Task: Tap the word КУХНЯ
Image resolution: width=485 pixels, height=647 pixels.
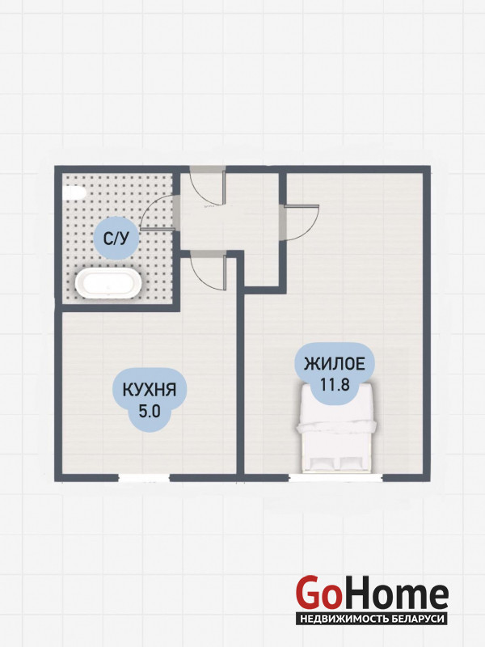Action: [x=150, y=390]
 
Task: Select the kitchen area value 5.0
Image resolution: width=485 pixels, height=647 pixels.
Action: [x=150, y=412]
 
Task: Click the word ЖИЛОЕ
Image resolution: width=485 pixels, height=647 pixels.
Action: [x=335, y=364]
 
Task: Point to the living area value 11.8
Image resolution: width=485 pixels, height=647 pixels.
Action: [x=335, y=385]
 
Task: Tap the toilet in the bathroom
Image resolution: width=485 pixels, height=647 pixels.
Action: [x=74, y=193]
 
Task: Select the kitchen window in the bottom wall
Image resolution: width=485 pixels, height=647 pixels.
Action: [x=144, y=478]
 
